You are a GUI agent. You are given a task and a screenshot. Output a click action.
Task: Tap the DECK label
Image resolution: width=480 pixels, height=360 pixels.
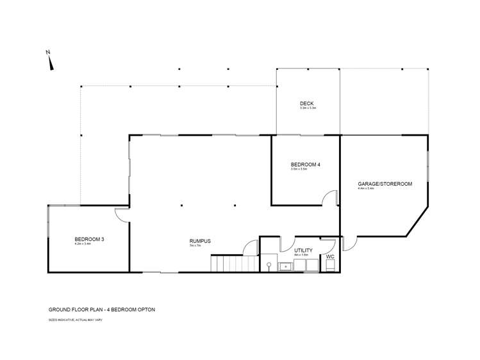pyautogui.click(x=308, y=104)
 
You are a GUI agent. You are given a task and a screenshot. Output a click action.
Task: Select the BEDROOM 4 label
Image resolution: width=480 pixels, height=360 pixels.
pyautogui.click(x=305, y=164)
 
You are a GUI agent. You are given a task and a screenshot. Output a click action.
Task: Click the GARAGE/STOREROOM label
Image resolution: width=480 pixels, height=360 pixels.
pyautogui.click(x=385, y=183)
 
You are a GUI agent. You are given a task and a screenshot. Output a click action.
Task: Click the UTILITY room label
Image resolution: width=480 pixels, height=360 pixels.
pyautogui.click(x=303, y=250)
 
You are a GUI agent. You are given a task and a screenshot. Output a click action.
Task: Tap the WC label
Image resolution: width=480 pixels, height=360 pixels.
pyautogui.click(x=330, y=257)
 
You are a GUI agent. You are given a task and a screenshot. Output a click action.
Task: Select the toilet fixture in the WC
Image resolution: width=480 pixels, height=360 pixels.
pyautogui.click(x=329, y=266)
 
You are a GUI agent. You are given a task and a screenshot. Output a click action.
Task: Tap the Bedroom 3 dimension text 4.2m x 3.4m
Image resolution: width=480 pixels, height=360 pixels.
pyautogui.click(x=83, y=244)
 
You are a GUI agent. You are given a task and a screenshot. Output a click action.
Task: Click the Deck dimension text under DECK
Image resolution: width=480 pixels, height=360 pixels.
pyautogui.click(x=308, y=108)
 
